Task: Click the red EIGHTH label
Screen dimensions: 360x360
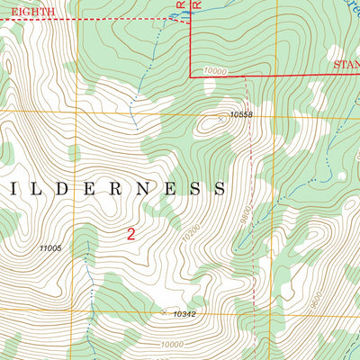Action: point(27,11)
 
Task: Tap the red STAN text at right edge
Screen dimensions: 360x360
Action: point(346,65)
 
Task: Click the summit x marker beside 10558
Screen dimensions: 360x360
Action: point(221,117)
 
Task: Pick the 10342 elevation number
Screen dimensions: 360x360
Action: point(184,314)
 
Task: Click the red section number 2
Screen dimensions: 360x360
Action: point(131,234)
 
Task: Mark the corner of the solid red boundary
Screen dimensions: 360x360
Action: point(191,76)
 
